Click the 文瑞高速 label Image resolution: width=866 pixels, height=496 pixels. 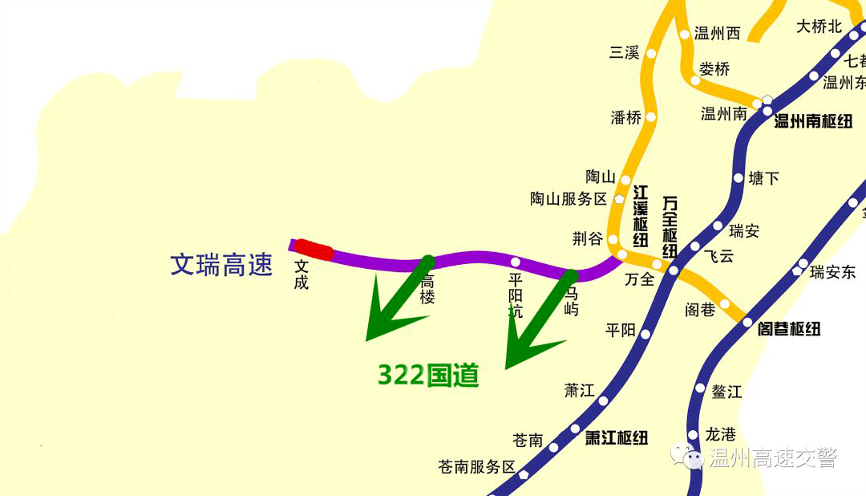click(221, 264)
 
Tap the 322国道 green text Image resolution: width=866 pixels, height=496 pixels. click(428, 374)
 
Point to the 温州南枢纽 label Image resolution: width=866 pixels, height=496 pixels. click(812, 121)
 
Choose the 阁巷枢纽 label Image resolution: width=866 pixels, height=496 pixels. click(789, 328)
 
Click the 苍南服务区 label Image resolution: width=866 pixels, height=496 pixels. click(476, 466)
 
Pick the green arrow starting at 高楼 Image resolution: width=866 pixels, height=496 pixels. click(396, 301)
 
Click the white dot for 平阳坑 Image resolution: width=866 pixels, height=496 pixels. click(516, 262)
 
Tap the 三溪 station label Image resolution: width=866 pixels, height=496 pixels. click(624, 53)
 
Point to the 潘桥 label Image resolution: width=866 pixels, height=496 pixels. click(626, 117)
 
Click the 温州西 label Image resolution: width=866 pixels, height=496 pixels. click(717, 34)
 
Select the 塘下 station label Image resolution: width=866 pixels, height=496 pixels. click(763, 178)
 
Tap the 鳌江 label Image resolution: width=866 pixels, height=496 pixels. click(726, 392)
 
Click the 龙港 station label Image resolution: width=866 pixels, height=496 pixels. click(720, 434)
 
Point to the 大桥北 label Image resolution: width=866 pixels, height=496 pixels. click(819, 26)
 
